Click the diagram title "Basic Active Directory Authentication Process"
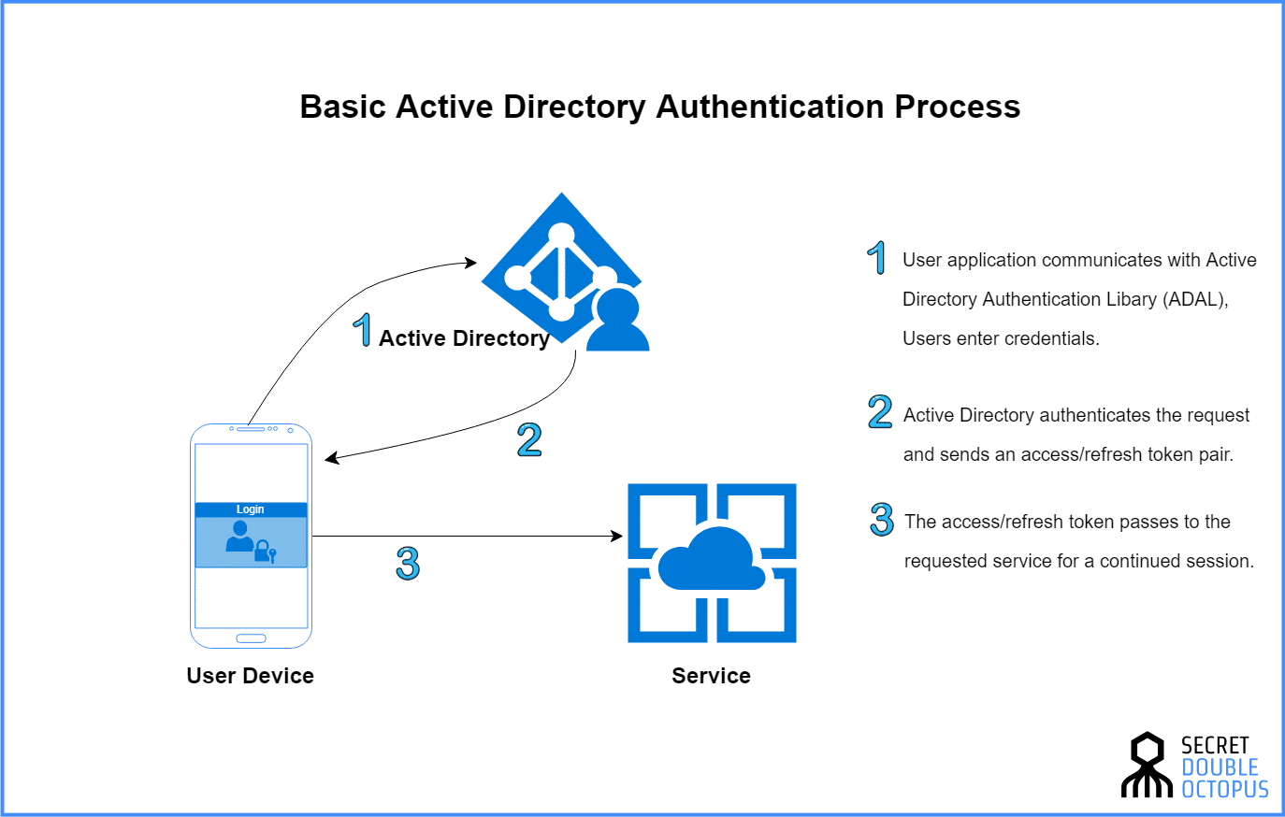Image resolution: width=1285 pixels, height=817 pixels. [659, 107]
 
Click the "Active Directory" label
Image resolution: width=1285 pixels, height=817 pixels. [464, 338]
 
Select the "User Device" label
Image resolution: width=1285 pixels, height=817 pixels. [250, 676]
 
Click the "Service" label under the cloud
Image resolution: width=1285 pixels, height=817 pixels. [711, 676]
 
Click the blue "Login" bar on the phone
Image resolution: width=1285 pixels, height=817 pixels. [251, 509]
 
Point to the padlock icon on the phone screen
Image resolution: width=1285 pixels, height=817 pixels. [263, 550]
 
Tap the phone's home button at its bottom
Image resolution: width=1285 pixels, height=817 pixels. [251, 638]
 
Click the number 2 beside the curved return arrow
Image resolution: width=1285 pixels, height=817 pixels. [529, 439]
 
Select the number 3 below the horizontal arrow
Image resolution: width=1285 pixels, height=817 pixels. [408, 564]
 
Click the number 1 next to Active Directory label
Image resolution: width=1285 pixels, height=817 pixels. [363, 330]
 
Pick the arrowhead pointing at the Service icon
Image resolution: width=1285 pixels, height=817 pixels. [617, 536]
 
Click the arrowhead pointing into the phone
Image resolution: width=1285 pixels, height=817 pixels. [331, 458]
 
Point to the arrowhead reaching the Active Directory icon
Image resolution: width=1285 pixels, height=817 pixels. [472, 263]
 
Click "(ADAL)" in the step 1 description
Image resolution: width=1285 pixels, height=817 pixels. [1195, 299]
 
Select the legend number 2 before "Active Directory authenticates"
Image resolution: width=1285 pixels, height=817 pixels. [880, 412]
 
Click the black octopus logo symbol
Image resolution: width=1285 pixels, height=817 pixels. [1147, 765]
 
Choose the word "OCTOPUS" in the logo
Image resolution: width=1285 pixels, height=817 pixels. [1225, 790]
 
